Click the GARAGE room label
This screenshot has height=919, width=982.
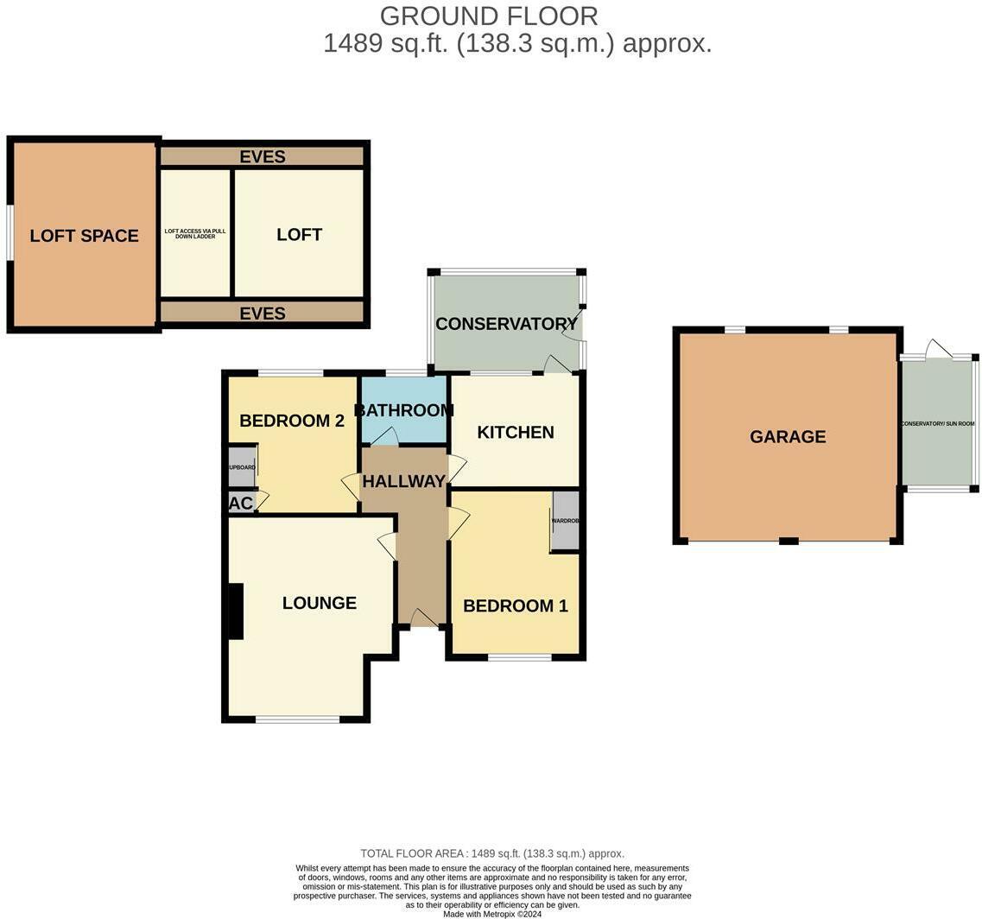pyautogui.click(x=787, y=437)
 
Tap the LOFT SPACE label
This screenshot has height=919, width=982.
pyautogui.click(x=84, y=236)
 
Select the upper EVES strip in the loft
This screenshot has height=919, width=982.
pyautogui.click(x=263, y=156)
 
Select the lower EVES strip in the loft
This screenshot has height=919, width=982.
pyautogui.click(x=263, y=313)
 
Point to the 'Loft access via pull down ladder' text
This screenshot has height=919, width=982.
pyautogui.click(x=195, y=233)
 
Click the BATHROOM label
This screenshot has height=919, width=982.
pyautogui.click(x=403, y=410)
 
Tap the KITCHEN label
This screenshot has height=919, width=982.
pyautogui.click(x=516, y=433)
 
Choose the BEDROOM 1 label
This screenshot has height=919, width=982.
pyautogui.click(x=515, y=606)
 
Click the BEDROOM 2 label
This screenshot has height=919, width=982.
pyautogui.click(x=292, y=421)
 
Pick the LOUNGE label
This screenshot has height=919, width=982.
pyautogui.click(x=319, y=603)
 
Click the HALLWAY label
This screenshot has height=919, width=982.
pyautogui.click(x=403, y=482)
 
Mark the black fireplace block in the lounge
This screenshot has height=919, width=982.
pyautogui.click(x=234, y=612)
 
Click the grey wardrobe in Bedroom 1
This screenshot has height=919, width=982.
pyautogui.click(x=565, y=521)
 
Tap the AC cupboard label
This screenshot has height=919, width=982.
pyautogui.click(x=241, y=504)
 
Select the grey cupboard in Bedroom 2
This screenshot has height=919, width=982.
pyautogui.click(x=242, y=467)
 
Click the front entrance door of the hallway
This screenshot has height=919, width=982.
pyautogui.click(x=422, y=618)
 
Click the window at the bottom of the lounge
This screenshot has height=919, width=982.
pyautogui.click(x=298, y=719)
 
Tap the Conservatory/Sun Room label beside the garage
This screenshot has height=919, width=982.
pyautogui.click(x=937, y=424)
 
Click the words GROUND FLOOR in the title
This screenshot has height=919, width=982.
pyautogui.click(x=489, y=16)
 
